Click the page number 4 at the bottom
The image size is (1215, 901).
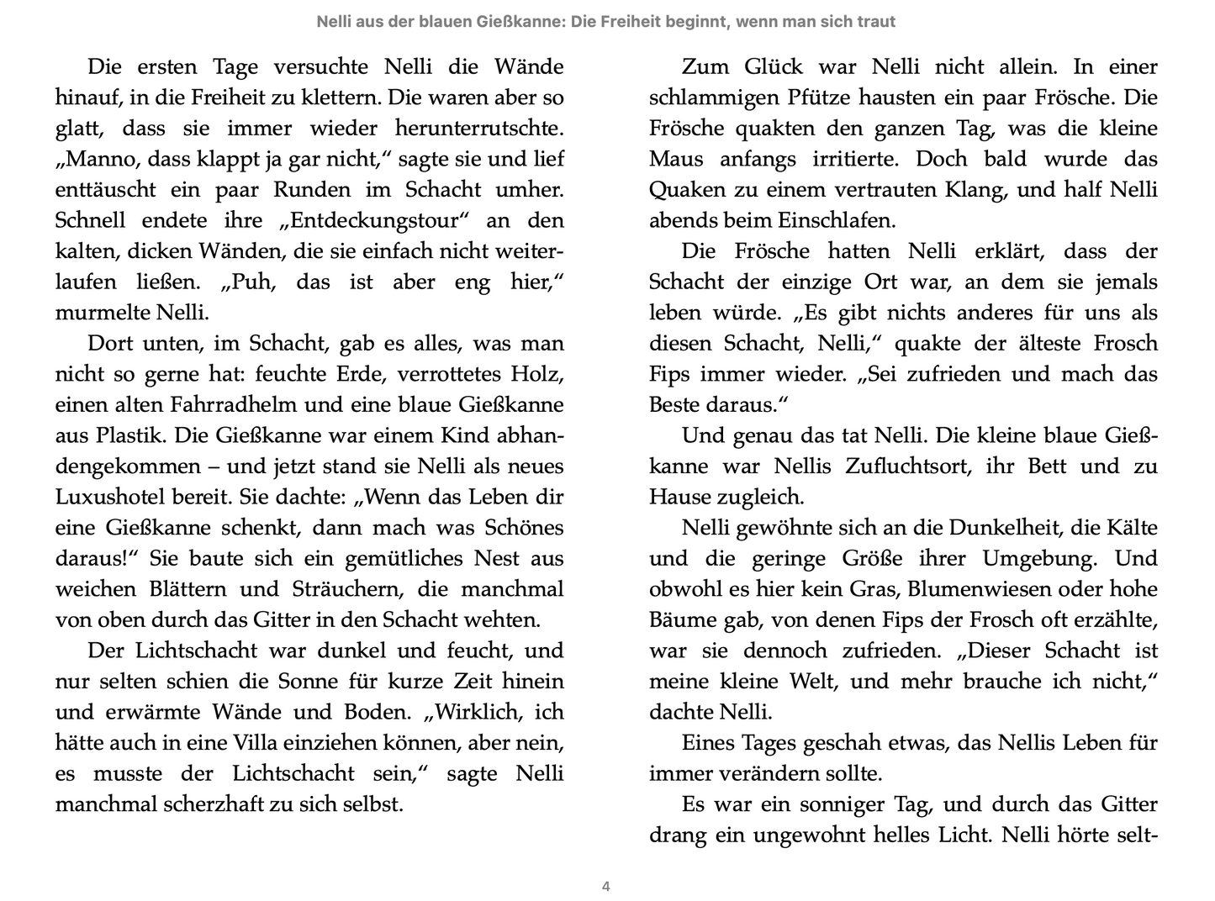606,886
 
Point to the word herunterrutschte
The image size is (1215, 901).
477,129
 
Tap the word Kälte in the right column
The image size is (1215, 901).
1131,528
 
